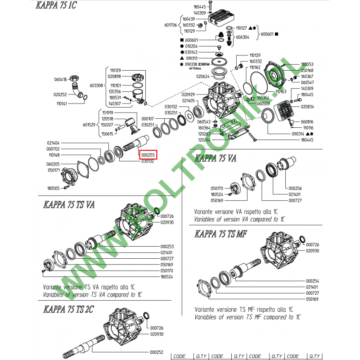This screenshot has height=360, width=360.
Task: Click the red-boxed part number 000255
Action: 148,154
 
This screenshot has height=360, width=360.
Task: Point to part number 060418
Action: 60,79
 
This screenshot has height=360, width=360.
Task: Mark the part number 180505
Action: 54,188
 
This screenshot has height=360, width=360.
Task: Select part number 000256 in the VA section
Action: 295,188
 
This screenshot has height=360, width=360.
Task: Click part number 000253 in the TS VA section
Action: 167,247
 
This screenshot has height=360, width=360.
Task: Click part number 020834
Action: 307,107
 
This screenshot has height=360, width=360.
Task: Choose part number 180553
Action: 307,64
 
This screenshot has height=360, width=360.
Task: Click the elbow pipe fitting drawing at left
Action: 80,88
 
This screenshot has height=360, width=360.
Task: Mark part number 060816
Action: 307,122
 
